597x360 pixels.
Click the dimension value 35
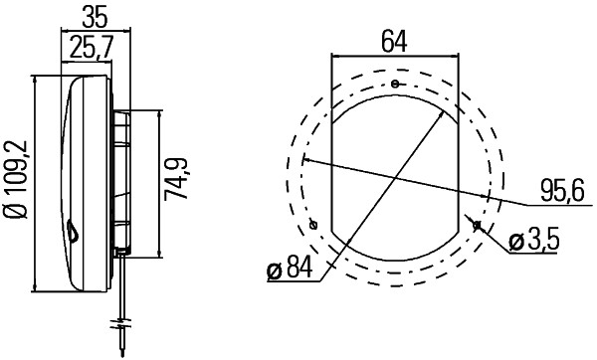95,17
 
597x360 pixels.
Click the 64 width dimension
395,41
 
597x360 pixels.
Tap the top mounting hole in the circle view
395,84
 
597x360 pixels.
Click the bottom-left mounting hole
313,225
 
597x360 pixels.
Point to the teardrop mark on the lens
76,233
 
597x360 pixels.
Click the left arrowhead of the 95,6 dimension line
304,159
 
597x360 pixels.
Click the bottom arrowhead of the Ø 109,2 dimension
37,289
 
